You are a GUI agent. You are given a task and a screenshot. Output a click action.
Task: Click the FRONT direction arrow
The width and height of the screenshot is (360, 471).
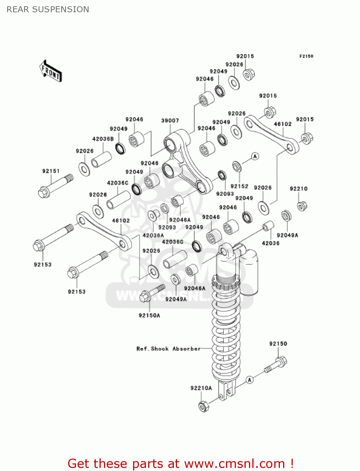[51, 71]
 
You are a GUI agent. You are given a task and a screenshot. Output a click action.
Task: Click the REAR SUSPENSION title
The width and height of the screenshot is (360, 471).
[48, 9]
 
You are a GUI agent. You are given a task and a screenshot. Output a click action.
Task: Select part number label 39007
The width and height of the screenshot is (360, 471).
[170, 121]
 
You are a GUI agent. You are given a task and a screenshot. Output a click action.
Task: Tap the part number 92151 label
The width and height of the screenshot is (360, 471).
[51, 171]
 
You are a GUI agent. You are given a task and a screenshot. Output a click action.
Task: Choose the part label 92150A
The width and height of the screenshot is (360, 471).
[149, 315]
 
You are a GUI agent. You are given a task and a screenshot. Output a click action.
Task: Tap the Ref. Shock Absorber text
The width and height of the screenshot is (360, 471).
[168, 349]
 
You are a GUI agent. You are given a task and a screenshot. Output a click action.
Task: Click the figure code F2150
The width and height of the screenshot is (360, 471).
[306, 56]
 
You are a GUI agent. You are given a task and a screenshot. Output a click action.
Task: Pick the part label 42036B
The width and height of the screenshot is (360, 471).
[103, 139]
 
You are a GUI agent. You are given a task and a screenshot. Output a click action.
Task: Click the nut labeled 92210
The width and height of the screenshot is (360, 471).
[302, 206]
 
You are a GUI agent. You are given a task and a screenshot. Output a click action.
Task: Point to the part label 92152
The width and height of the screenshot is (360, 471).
[239, 186]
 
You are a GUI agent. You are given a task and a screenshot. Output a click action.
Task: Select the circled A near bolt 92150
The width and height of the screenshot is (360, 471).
[250, 380]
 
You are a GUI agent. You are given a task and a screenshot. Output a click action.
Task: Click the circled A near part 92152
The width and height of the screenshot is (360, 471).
[255, 156]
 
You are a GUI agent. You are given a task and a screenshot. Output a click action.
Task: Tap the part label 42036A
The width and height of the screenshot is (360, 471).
[153, 235]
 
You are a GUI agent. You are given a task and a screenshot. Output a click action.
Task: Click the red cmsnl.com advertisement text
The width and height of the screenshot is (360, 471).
[180, 463]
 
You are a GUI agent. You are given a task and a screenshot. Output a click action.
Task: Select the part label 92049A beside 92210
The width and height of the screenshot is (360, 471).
[287, 235]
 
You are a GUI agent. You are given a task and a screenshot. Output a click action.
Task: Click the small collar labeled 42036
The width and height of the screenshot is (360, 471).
[268, 226]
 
